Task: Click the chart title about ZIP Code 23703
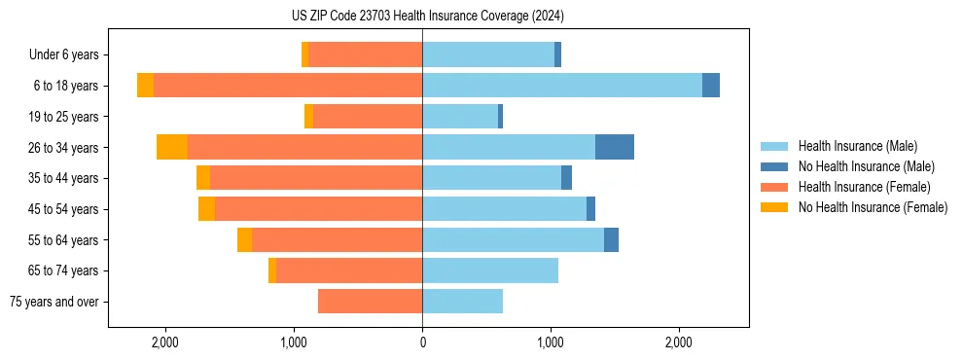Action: [x=421, y=16]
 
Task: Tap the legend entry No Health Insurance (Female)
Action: [x=873, y=207]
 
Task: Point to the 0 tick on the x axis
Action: [x=422, y=342]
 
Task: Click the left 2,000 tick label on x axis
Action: [x=165, y=342]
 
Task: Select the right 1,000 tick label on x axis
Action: [x=551, y=342]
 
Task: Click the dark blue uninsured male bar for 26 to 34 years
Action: [x=615, y=147]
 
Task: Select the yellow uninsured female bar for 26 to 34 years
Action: [x=172, y=147]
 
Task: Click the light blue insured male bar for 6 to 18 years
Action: [x=562, y=86]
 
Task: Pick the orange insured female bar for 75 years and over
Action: [x=370, y=302]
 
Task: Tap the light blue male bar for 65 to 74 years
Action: [x=490, y=270]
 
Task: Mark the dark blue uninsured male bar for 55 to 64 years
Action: [x=611, y=239]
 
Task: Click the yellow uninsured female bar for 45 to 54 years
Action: [x=206, y=209]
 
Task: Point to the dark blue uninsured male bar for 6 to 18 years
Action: [x=711, y=86]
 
